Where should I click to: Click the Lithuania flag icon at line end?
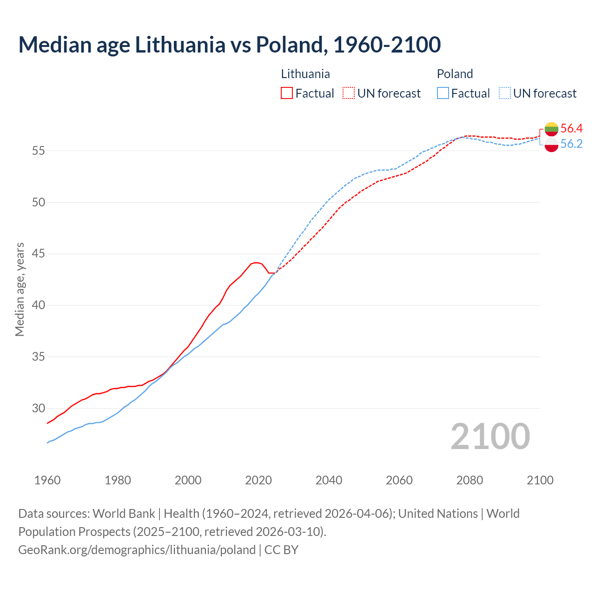(551, 129)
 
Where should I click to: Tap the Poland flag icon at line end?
(551, 145)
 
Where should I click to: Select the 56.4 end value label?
(571, 128)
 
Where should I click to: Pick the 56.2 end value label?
(571, 144)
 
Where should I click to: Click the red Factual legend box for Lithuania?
(287, 93)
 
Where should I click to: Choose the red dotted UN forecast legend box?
(349, 93)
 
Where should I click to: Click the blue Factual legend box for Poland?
(443, 93)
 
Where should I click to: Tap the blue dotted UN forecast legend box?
(504, 93)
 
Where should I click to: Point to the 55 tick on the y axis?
(39, 151)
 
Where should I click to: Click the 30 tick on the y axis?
(39, 409)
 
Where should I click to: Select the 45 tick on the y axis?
(39, 254)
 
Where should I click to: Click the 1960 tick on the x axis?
(47, 480)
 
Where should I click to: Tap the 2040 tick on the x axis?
(329, 480)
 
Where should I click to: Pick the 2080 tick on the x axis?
(469, 480)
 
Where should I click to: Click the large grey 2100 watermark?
(490, 436)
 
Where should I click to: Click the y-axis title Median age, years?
(20, 289)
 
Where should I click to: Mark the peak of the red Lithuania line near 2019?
(256, 263)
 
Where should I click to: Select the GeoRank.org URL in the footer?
(137, 549)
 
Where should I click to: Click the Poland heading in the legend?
(455, 74)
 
